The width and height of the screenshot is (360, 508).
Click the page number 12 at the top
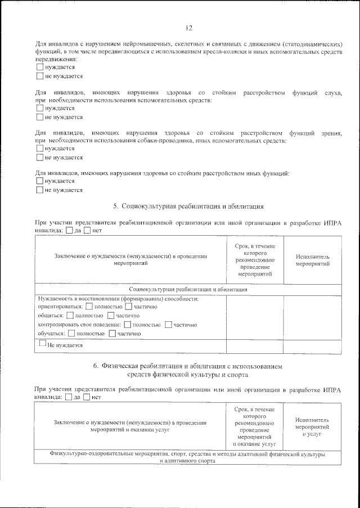click(x=189, y=28)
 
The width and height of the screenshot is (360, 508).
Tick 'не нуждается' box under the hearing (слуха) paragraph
click(x=40, y=117)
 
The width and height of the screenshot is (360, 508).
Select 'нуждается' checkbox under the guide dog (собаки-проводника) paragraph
click(x=40, y=149)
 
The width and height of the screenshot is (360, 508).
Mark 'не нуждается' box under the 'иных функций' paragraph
click(x=40, y=190)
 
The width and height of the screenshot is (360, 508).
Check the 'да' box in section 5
click(x=69, y=230)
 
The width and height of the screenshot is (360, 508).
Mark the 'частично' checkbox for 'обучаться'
click(x=112, y=334)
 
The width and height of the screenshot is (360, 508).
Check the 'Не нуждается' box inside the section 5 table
click(x=43, y=343)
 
